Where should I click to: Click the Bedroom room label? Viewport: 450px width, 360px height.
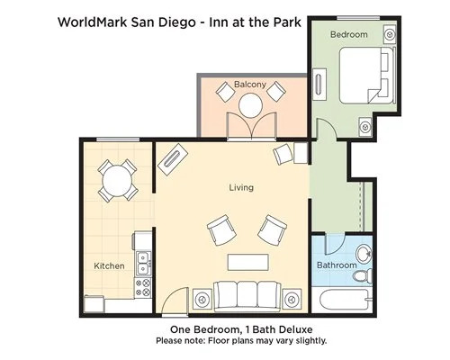click(349, 34)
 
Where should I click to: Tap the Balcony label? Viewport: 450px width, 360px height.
click(250, 85)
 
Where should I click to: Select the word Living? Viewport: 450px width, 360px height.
click(241, 188)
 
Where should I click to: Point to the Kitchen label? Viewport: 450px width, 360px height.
click(109, 265)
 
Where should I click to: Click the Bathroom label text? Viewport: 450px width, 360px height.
click(337, 265)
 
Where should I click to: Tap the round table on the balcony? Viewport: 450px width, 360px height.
click(251, 105)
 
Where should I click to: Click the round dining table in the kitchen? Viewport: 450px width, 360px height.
click(117, 181)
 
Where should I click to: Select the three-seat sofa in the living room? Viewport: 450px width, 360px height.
click(247, 296)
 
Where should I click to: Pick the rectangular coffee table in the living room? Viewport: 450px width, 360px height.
click(247, 262)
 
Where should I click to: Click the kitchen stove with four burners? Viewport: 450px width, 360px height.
click(142, 288)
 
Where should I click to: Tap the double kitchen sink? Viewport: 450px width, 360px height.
click(144, 264)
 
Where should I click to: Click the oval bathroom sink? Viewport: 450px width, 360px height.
click(364, 254)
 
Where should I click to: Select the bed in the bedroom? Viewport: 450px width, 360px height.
click(367, 76)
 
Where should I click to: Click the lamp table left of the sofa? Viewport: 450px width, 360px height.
click(202, 299)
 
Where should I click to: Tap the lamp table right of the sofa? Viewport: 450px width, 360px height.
click(292, 299)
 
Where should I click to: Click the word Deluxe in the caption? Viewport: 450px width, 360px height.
click(295, 329)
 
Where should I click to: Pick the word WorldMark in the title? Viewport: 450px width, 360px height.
click(92, 22)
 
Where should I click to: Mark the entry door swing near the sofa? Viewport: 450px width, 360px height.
click(175, 300)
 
